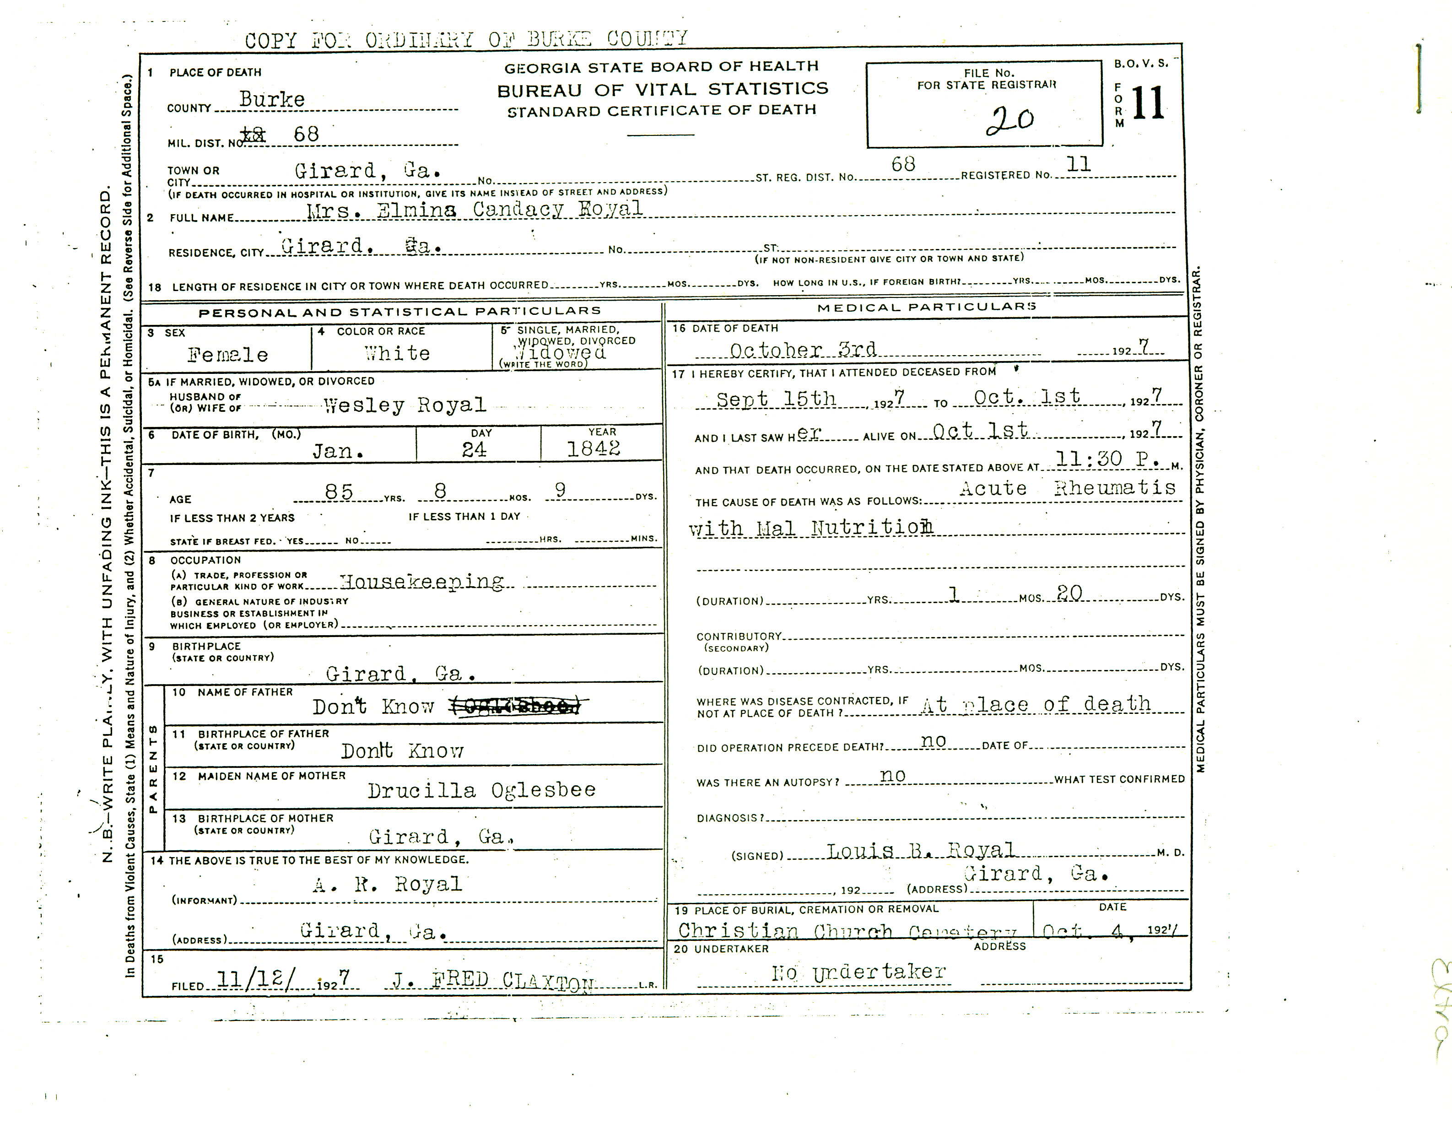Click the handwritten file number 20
click(x=1009, y=120)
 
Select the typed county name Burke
click(x=272, y=100)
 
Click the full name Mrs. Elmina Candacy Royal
click(x=474, y=210)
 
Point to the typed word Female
click(x=227, y=355)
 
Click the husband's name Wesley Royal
click(x=404, y=405)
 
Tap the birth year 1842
click(x=593, y=449)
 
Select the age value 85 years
click(x=338, y=491)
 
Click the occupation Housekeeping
click(x=421, y=582)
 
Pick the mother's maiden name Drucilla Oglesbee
click(x=481, y=791)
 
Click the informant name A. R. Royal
click(x=387, y=884)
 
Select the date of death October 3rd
click(x=803, y=350)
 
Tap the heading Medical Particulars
click(x=926, y=307)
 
